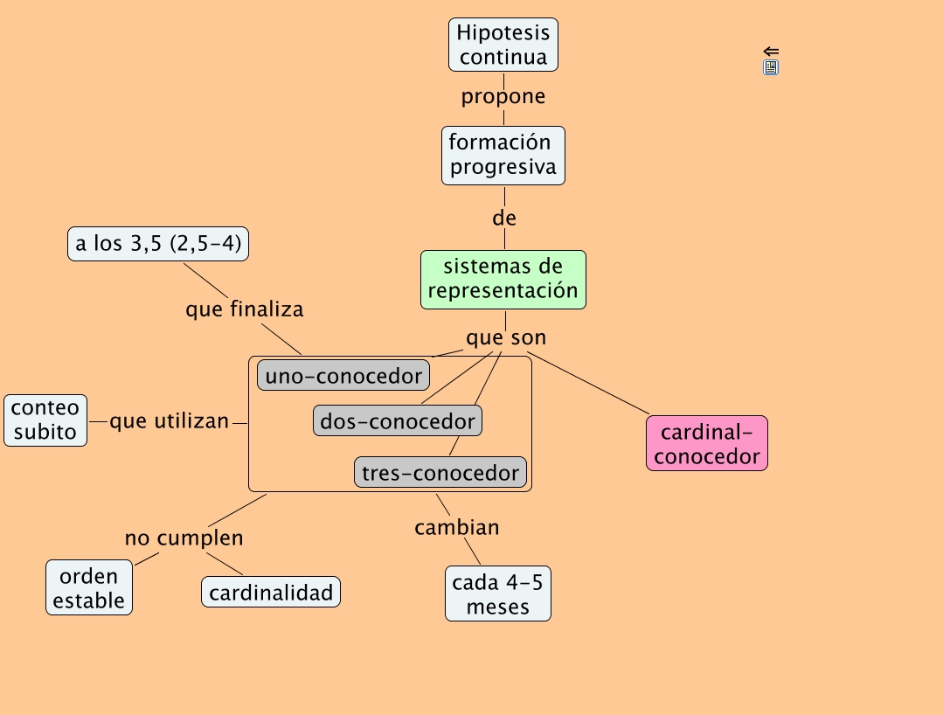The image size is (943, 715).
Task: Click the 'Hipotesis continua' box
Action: tap(503, 45)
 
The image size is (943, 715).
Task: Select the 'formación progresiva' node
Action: tap(503, 155)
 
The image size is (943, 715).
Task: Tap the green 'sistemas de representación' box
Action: tap(503, 280)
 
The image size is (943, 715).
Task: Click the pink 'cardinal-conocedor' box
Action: tap(707, 443)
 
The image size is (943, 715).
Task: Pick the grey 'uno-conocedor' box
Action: tap(343, 376)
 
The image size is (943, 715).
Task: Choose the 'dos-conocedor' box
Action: tap(398, 421)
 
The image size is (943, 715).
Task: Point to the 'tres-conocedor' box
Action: tap(440, 473)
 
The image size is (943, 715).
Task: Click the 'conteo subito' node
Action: tap(45, 420)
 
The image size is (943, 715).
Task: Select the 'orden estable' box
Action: tap(89, 588)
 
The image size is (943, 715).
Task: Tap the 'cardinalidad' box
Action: tap(271, 593)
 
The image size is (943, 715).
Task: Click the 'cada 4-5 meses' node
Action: tap(498, 594)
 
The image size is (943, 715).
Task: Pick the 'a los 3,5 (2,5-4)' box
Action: tap(158, 244)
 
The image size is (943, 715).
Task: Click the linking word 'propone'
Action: tap(503, 96)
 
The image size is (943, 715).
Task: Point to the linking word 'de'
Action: tap(504, 219)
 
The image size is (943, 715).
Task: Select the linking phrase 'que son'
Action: tap(506, 337)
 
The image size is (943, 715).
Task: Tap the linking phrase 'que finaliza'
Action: tap(245, 309)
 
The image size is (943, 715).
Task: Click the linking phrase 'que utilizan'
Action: tap(170, 421)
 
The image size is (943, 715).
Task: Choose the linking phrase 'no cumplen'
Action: tap(184, 538)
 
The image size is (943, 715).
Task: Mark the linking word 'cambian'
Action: tap(457, 527)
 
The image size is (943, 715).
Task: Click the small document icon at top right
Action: tap(771, 67)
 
